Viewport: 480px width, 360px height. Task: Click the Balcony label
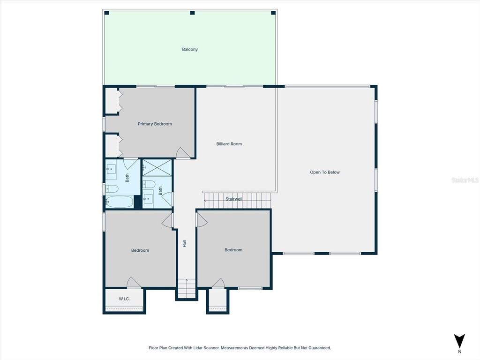coord(190,49)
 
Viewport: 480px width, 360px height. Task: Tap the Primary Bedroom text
coord(155,124)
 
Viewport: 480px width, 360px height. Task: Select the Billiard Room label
coord(229,144)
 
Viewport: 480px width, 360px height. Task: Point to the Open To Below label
coord(325,172)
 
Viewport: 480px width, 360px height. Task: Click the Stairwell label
coord(234,199)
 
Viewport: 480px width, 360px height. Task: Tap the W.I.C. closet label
coord(124,299)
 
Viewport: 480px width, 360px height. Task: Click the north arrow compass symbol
coord(459,341)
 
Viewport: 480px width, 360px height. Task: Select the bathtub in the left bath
coord(119,202)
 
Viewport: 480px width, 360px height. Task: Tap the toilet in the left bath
coord(112,189)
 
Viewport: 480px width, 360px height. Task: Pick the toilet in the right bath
coord(150,184)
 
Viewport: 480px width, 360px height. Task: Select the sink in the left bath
coord(111,170)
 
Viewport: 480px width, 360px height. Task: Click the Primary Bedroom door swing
coord(183,153)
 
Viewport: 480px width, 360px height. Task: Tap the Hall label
coord(185,244)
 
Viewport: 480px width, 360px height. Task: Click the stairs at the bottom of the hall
coord(187,288)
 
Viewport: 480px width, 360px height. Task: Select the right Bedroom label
coord(233,250)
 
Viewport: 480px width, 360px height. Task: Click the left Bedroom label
coord(140,250)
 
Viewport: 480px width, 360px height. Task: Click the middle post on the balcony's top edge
coord(192,13)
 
